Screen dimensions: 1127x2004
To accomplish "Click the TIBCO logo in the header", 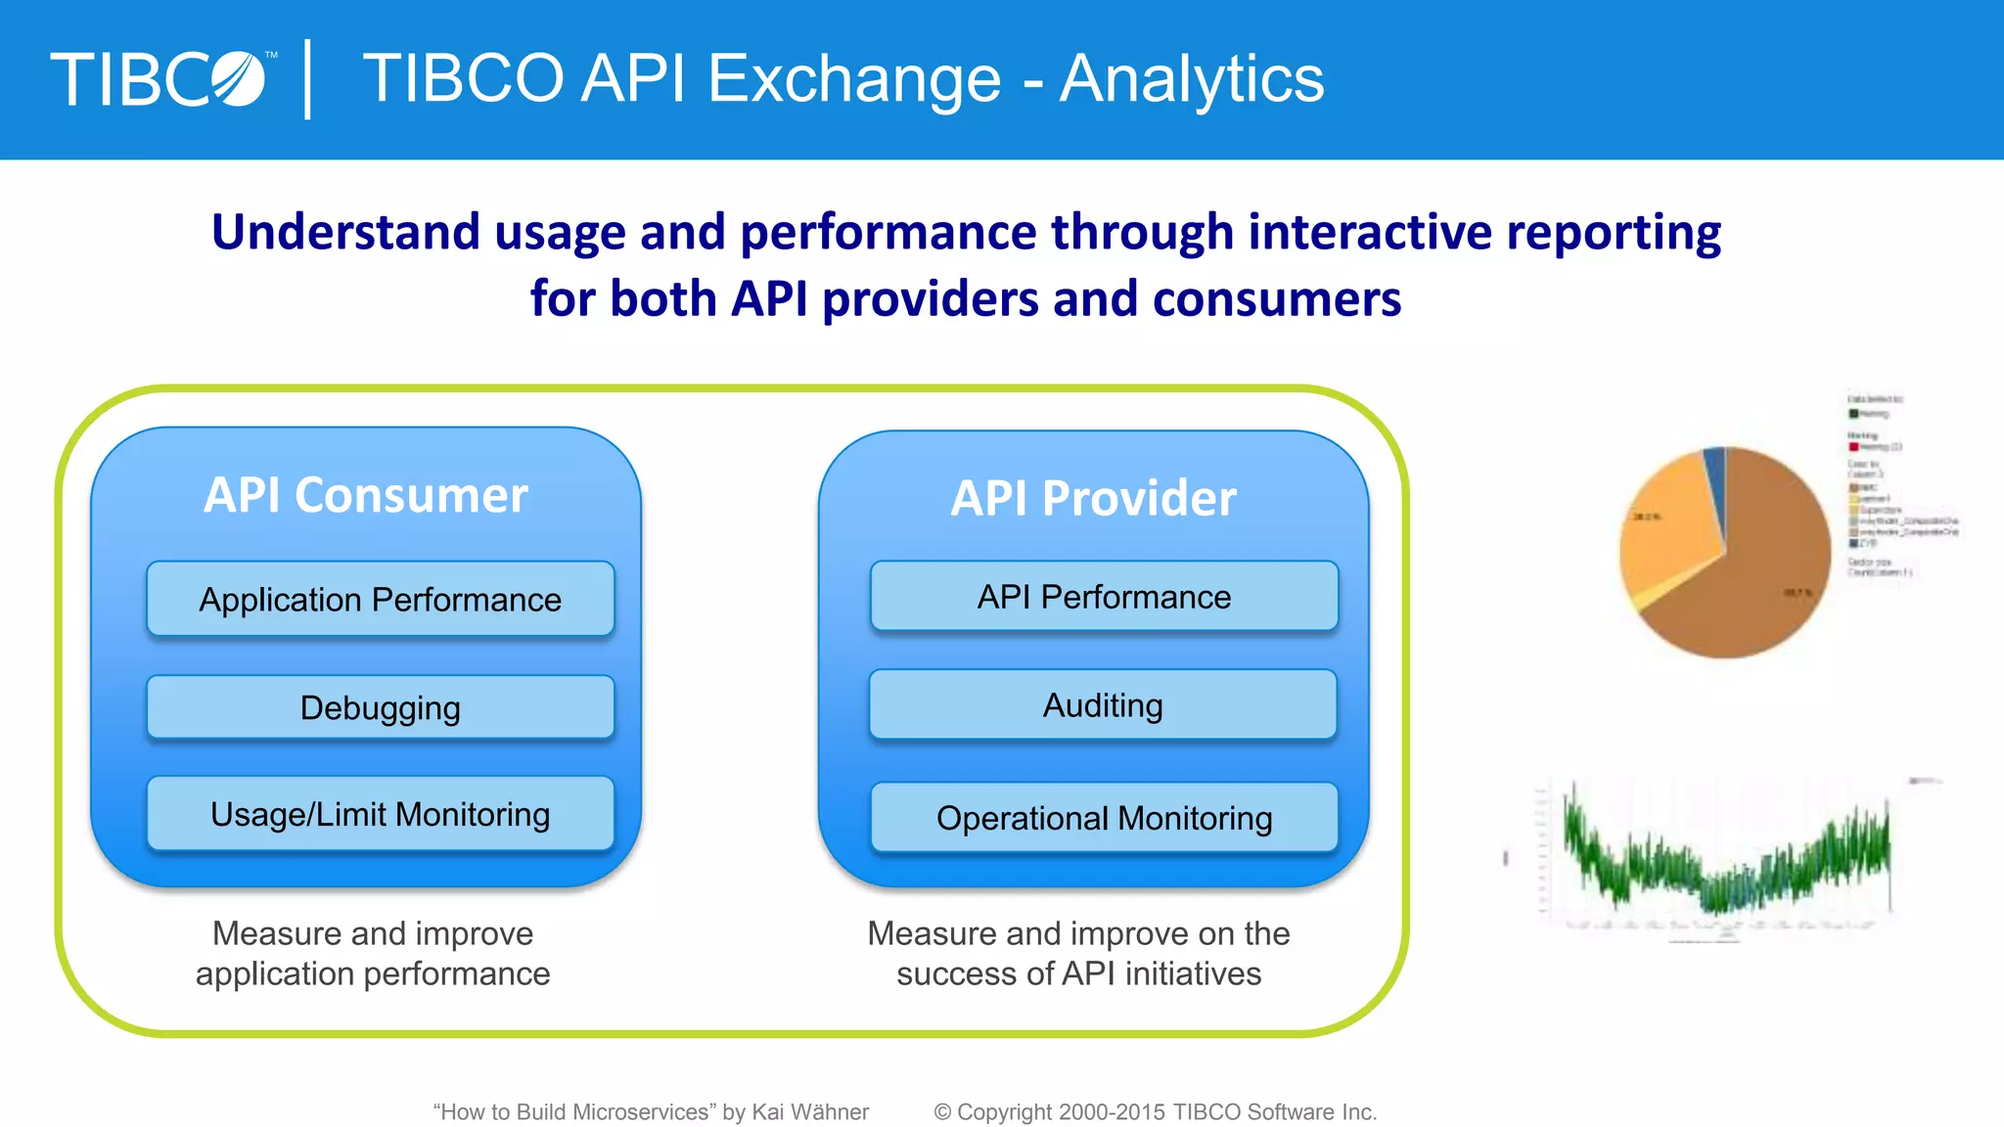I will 159,79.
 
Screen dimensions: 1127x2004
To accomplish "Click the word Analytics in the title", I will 1192,78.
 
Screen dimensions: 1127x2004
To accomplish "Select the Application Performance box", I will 381,599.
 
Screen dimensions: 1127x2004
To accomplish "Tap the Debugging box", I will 381,707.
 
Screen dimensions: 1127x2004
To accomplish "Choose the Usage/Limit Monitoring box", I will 381,814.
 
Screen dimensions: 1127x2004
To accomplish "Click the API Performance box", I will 1104,597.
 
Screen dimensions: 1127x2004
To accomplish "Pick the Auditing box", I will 1103,705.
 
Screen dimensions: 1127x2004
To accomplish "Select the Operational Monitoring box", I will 1104,818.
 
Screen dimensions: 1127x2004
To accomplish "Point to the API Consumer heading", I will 366,495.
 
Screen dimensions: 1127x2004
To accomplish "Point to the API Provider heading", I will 1093,498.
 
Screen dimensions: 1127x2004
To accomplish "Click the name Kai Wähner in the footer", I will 810,1112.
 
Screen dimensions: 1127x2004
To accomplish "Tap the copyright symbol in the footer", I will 942,1112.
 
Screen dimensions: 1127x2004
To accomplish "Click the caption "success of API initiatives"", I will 1078,974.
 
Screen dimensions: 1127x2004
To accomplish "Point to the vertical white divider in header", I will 308,79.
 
